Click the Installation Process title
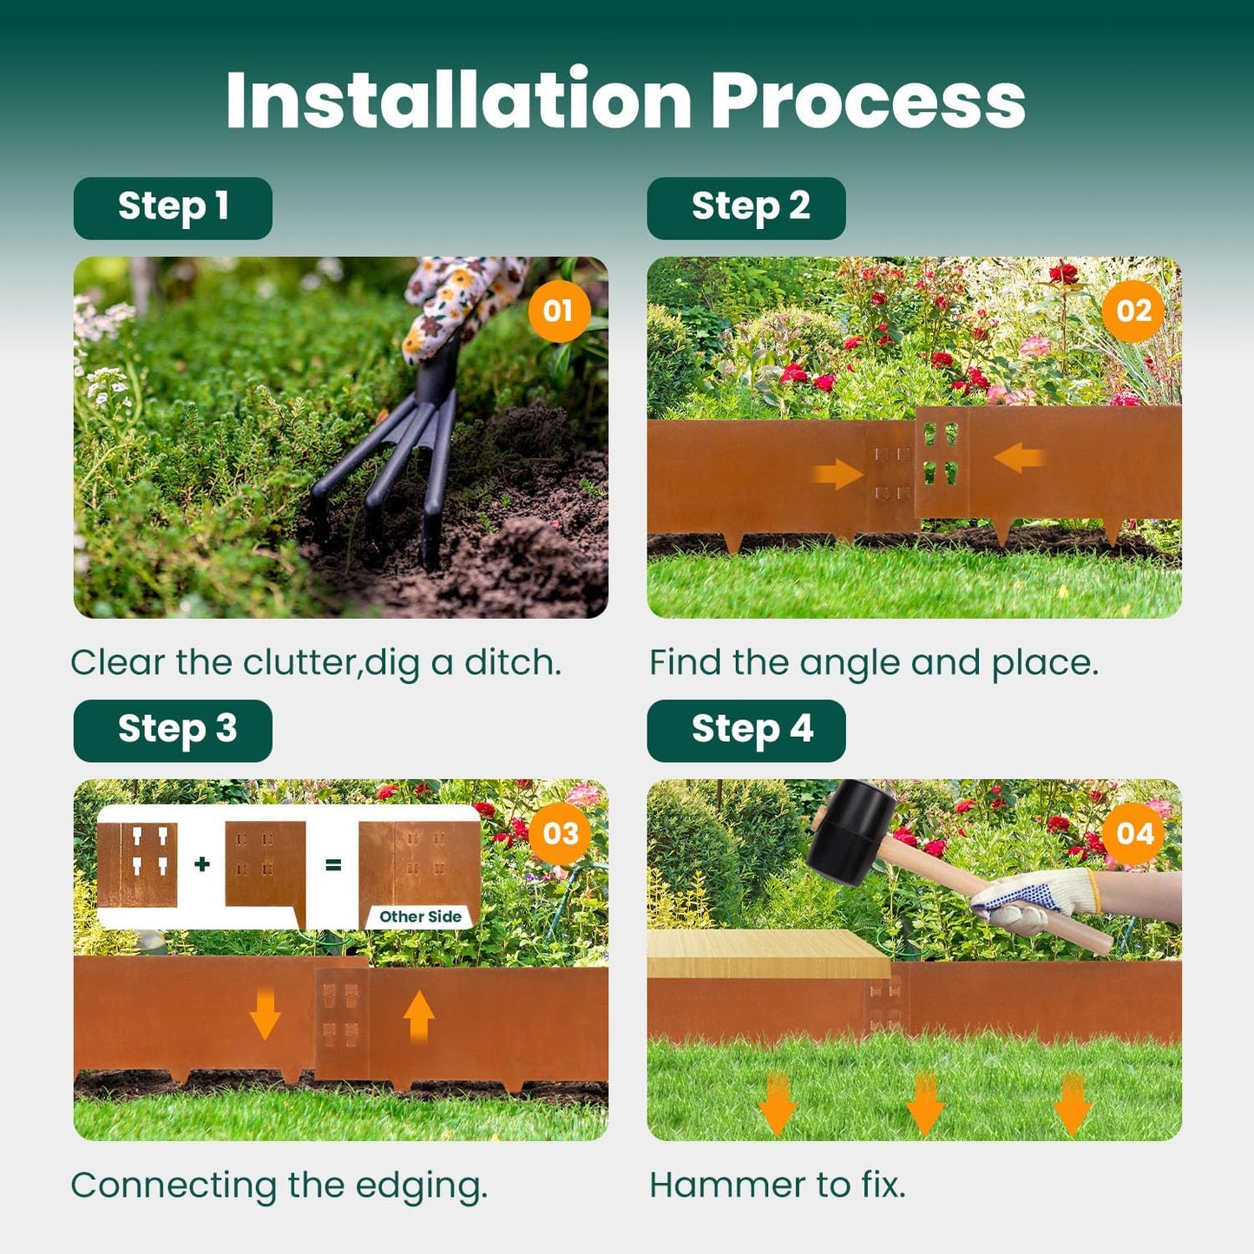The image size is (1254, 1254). [625, 101]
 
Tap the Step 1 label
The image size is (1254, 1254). [173, 208]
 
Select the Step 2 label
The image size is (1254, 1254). [746, 208]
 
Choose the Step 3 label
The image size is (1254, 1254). [173, 731]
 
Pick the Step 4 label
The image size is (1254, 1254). [746, 731]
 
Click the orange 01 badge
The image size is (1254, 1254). [558, 311]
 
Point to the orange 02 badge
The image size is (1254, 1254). [1133, 311]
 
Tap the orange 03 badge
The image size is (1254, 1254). [560, 834]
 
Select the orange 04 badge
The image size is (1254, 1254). [1134, 834]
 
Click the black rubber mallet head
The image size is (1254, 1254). [851, 831]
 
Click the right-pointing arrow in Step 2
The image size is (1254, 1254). [837, 474]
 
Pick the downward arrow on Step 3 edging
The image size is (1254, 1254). [265, 1014]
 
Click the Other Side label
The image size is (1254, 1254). [420, 916]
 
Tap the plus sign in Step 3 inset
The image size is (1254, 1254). [202, 864]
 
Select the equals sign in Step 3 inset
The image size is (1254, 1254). [332, 865]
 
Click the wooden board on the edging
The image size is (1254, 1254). [767, 954]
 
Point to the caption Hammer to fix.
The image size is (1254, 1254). [778, 1185]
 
